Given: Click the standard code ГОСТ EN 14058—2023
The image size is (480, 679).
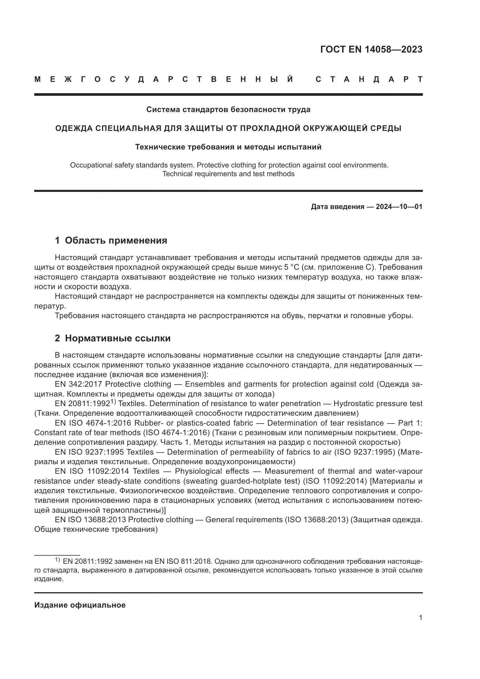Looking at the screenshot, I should point(371,49).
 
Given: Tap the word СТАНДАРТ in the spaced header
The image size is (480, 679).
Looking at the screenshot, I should point(369,79).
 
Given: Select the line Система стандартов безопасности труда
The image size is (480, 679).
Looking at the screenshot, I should point(228,110).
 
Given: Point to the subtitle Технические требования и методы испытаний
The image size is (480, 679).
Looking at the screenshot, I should point(228,147).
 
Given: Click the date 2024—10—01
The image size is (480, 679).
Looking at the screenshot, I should point(399,207).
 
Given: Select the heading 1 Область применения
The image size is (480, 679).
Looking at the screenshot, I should point(111,240).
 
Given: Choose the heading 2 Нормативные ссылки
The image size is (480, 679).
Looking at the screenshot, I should point(113,338).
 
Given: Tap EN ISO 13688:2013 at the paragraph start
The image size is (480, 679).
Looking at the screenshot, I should point(91,520).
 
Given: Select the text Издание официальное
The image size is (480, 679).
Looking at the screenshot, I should point(80,605).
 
